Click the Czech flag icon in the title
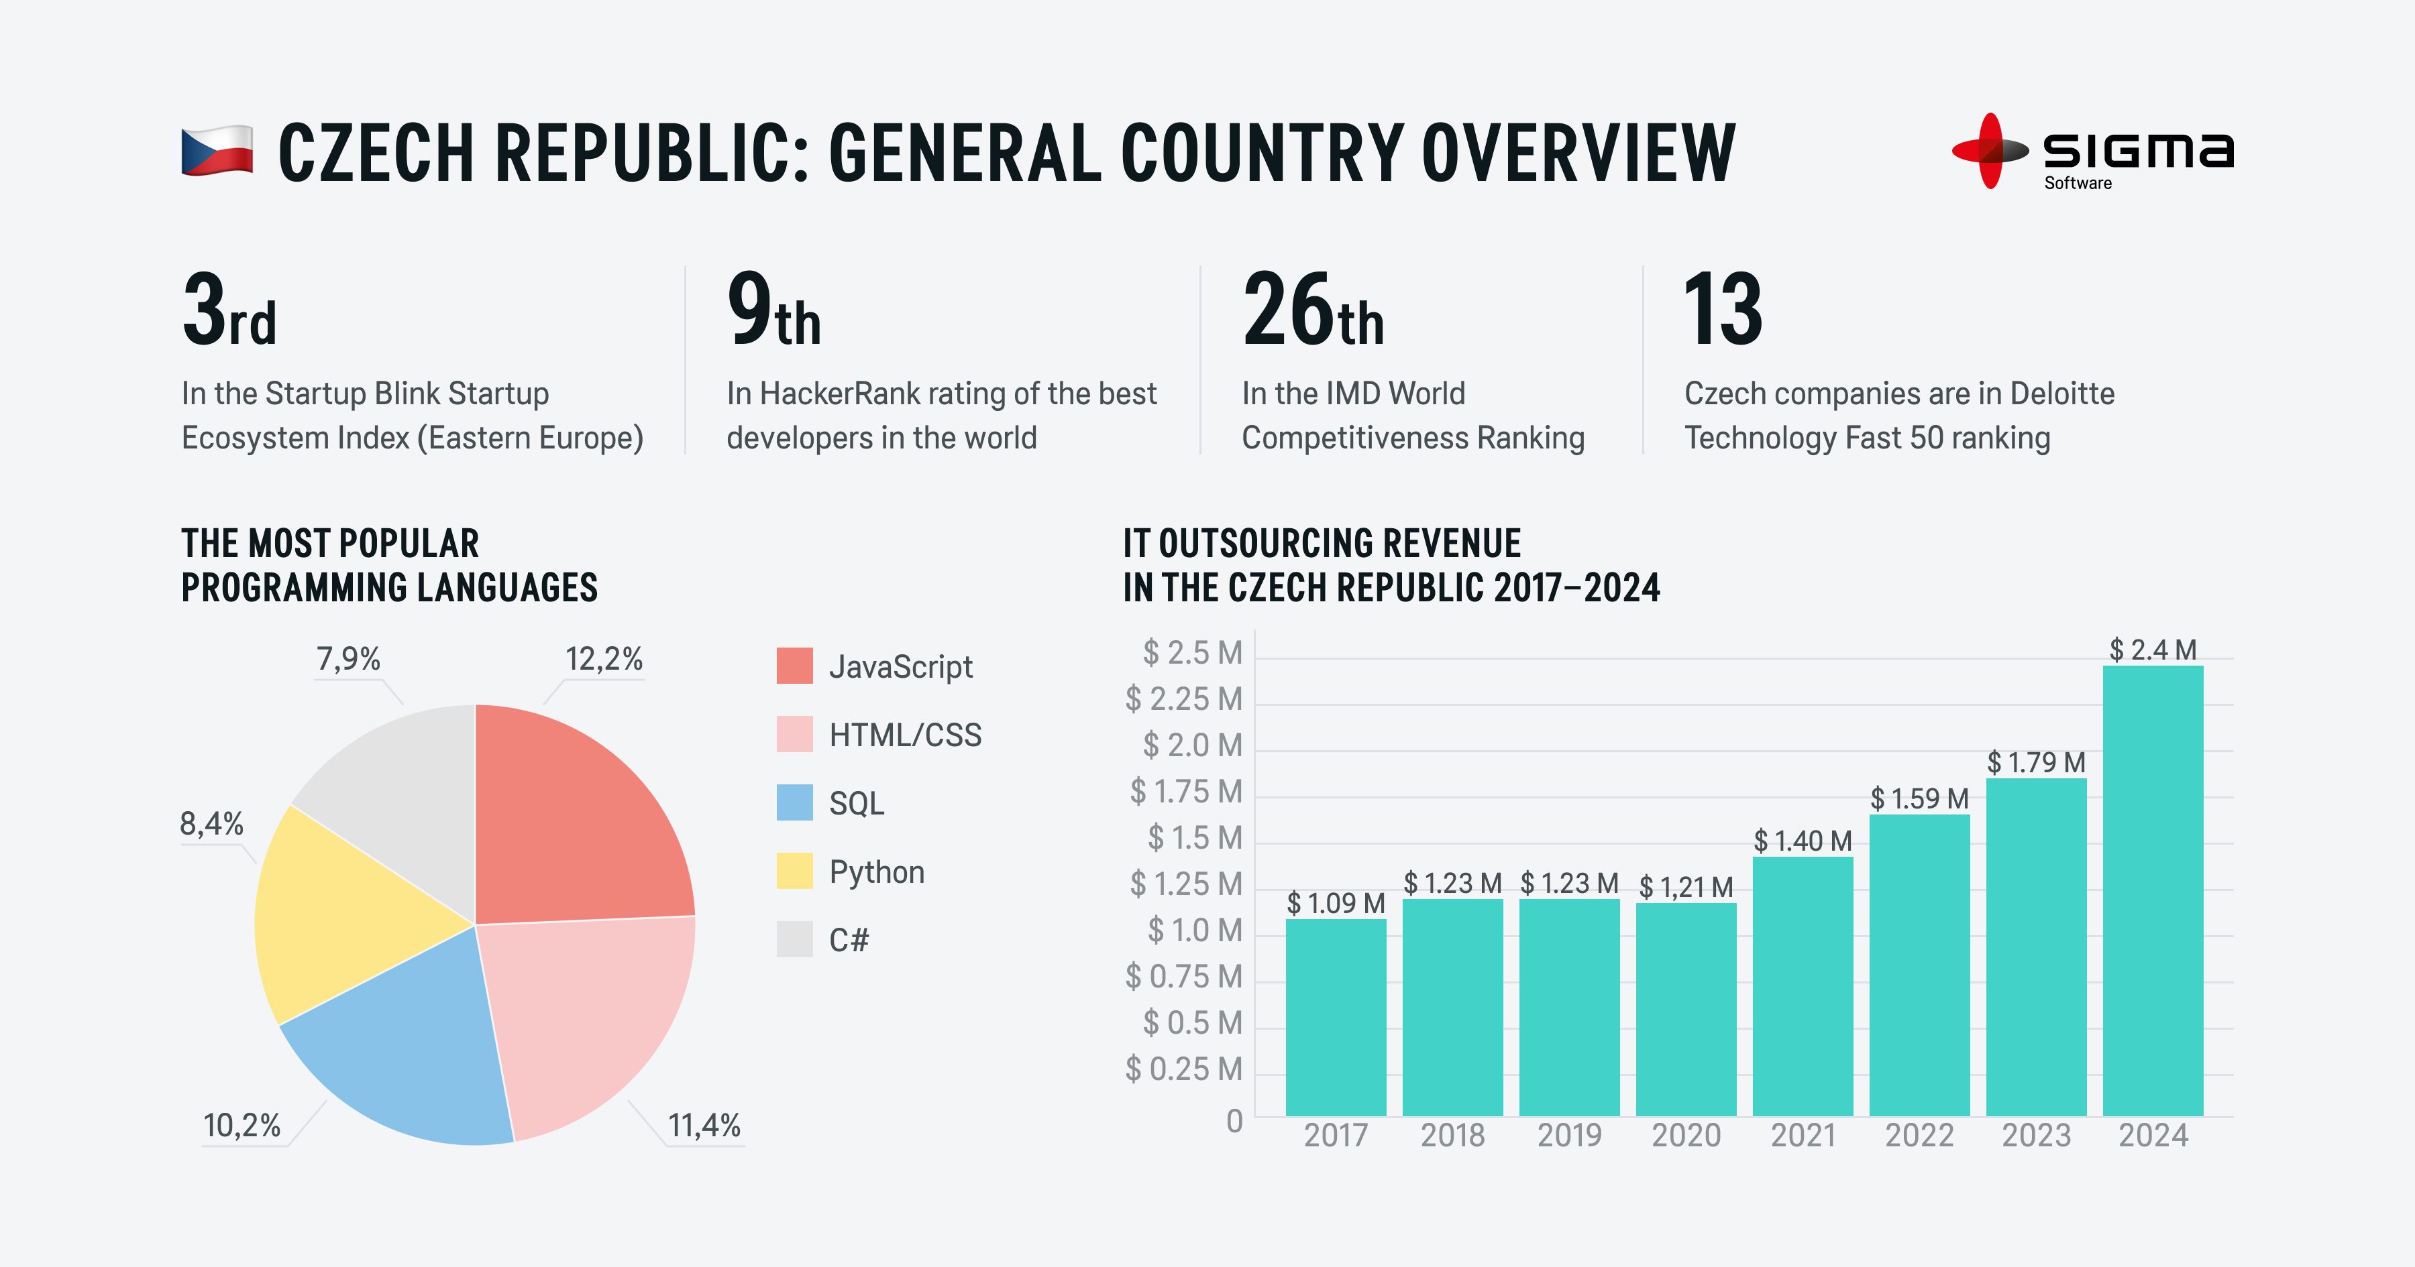pos(217,151)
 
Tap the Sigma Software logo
pos(2092,152)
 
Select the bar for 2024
pos(2153,890)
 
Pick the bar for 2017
pos(1335,1017)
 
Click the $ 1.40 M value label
pos(1802,841)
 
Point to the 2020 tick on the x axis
pos(1686,1136)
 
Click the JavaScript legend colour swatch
pos(794,666)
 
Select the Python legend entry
pos(875,871)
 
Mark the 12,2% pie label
pos(604,660)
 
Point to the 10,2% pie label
pos(242,1126)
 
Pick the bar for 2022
pos(1919,965)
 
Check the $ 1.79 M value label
pos(2035,763)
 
